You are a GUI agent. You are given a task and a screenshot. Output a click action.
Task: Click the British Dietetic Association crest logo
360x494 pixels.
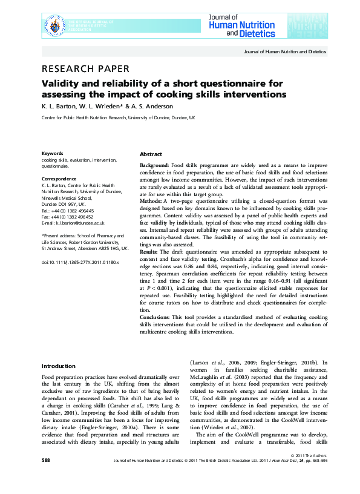pos(56,25)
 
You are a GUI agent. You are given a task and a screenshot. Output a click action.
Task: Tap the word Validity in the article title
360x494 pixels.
pos(60,84)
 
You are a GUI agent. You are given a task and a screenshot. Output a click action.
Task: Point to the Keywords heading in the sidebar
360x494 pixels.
pos(52,153)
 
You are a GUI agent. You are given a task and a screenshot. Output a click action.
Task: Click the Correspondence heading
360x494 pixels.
pos(59,179)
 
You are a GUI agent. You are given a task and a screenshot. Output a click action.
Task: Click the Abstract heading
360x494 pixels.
pos(151,154)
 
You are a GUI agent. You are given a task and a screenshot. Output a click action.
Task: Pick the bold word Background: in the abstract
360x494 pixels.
pos(154,165)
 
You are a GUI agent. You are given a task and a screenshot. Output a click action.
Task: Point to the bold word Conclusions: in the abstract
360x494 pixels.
pos(154,317)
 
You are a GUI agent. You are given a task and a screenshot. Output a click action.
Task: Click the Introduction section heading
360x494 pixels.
pos(59,366)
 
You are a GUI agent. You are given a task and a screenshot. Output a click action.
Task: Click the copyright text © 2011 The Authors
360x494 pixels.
pos(309,472)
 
